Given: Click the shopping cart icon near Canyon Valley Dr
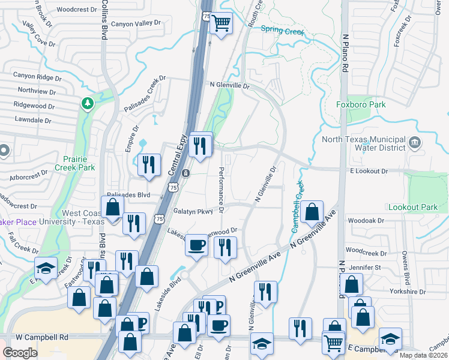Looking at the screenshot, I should point(221,24).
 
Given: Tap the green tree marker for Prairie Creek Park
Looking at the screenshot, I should point(88,104).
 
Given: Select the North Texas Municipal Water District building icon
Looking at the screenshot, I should point(415,143).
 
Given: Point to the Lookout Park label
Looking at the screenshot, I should point(412,207).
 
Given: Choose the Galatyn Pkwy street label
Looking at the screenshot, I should point(194,211).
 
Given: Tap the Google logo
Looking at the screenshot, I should point(20,352).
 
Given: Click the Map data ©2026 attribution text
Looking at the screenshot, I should point(423,355).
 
